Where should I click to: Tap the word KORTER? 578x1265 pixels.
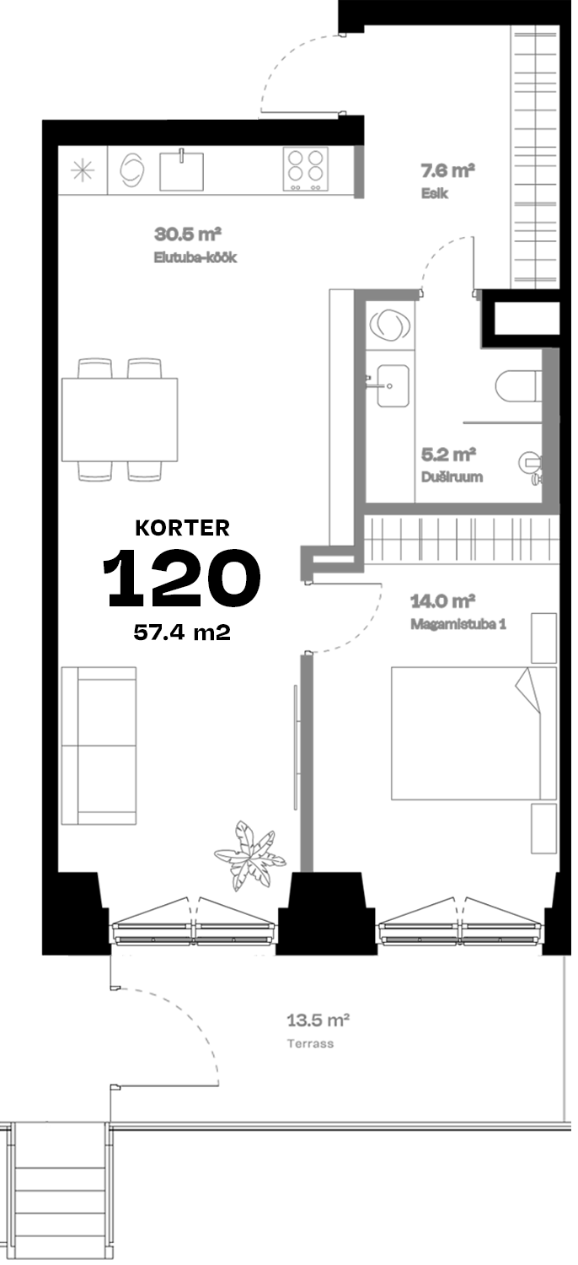182,528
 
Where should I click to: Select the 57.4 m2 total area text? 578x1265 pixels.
182,632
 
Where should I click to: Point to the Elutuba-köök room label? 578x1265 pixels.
195,257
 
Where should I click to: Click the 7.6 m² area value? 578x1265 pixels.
447,170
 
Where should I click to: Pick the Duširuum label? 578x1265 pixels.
452,476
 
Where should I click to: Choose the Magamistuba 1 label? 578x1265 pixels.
458,624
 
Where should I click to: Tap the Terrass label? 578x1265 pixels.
310,1044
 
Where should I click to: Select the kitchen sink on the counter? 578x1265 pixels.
182,170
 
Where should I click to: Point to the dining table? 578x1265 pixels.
120,419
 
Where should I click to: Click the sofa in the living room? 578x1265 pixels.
99,746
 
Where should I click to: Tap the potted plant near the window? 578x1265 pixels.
250,855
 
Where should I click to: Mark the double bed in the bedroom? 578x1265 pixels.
474,733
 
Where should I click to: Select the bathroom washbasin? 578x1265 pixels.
393,385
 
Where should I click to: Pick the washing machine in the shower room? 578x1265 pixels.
389,326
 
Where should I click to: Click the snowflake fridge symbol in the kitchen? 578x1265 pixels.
83,170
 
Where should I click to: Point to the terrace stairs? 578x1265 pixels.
59,1194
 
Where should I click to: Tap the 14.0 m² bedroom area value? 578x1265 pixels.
442,601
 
